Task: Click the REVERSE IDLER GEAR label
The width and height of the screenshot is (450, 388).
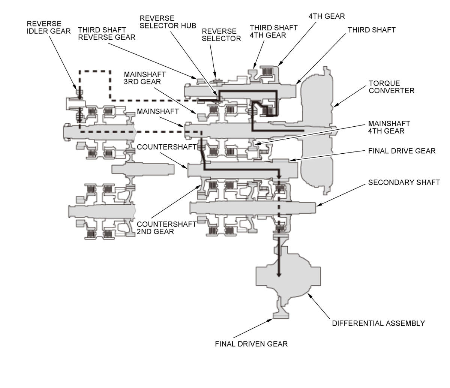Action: [48, 27]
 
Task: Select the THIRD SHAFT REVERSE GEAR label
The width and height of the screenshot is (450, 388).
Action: [106, 33]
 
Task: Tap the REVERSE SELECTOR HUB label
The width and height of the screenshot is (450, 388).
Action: [168, 22]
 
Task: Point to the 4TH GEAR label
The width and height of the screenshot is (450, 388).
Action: [327, 16]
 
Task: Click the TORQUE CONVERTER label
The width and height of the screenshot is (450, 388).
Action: [391, 87]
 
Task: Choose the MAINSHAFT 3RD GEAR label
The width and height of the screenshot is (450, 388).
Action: [145, 78]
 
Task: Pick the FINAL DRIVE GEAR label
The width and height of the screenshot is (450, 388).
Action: [402, 151]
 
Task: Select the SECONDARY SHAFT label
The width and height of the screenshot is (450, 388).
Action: [404, 182]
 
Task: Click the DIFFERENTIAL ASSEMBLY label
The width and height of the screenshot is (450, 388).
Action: [378, 323]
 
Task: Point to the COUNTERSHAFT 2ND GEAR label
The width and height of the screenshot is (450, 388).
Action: [166, 228]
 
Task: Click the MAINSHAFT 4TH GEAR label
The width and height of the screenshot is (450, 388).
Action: [389, 127]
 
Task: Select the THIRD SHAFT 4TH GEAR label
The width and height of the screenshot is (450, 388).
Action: [273, 31]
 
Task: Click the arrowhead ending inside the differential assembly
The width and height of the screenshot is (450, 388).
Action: [279, 275]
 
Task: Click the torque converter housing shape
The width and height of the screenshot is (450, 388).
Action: [317, 130]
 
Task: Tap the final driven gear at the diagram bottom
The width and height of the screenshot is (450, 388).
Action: [281, 315]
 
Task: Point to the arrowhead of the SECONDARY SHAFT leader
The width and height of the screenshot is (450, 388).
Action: [318, 205]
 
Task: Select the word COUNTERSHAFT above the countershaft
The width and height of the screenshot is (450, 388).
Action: [166, 147]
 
